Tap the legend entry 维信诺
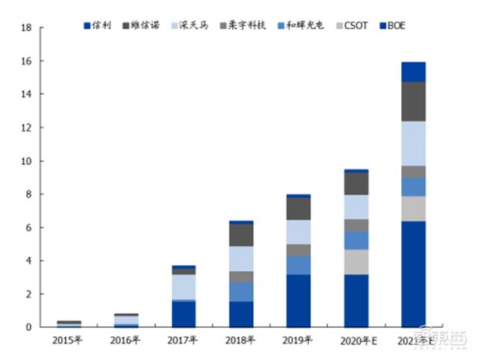[142, 26]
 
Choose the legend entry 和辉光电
[302, 26]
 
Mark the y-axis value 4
[27, 261]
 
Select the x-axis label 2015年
[69, 341]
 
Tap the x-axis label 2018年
[241, 341]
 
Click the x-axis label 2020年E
[356, 341]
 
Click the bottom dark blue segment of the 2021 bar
[413, 274]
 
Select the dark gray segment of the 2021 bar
[413, 101]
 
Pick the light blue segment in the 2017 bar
[184, 287]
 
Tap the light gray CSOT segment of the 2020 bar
[356, 261]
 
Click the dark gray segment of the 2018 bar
[241, 235]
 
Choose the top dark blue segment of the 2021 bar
[413, 72]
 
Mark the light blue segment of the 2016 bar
[126, 320]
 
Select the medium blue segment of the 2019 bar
[299, 265]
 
